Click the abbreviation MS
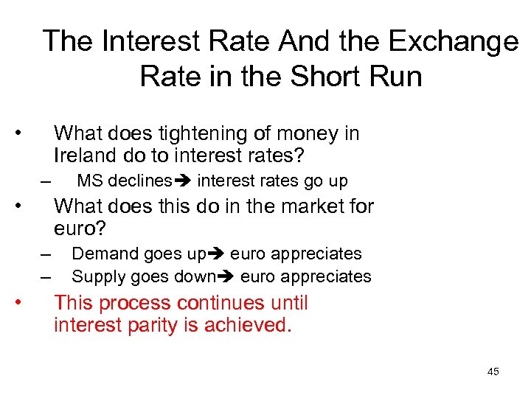point(89,181)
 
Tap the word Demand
point(100,254)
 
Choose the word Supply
point(97,276)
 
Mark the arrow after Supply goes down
point(227,277)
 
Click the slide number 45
point(493,371)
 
